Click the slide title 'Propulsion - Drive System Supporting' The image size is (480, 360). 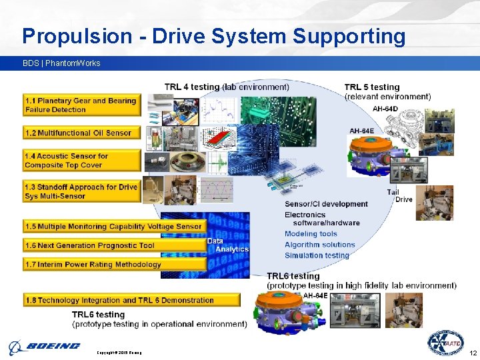[x=213, y=36]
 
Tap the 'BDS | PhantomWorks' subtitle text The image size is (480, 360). [x=61, y=63]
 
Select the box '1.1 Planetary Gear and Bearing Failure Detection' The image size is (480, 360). [x=81, y=105]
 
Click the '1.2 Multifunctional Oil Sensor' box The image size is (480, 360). [x=81, y=133]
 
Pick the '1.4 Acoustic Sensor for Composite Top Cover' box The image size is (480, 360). [x=81, y=160]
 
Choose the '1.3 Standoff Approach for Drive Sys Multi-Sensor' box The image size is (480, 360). [x=81, y=191]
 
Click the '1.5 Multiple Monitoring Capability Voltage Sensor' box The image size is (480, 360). [x=113, y=227]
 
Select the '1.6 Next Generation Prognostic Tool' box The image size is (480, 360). [x=113, y=245]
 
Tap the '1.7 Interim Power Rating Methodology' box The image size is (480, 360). [x=113, y=264]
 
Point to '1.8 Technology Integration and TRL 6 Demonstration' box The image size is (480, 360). [x=131, y=300]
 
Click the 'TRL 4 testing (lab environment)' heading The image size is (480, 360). [x=227, y=87]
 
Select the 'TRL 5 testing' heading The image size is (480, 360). [x=372, y=87]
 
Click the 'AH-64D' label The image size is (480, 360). [x=385, y=109]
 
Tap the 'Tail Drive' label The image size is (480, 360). [x=399, y=196]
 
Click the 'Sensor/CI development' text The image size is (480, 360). [x=326, y=204]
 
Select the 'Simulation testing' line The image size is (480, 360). [x=317, y=255]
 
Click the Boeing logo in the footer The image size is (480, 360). [x=45, y=346]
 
